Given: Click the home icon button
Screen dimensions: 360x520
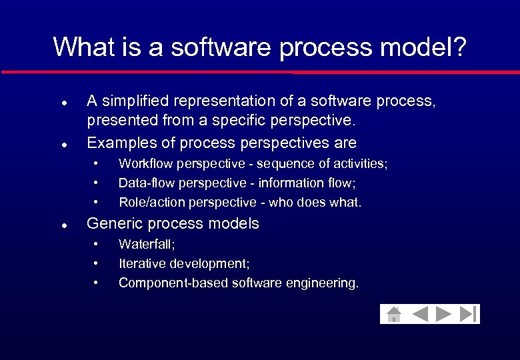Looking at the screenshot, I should tap(394, 314).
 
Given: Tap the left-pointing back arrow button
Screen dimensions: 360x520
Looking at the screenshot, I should tap(419, 314).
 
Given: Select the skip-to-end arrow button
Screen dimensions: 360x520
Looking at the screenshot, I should tap(469, 314).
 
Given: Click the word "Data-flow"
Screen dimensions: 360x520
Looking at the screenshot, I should tap(143, 183).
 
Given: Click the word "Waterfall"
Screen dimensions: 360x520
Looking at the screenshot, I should tap(144, 245).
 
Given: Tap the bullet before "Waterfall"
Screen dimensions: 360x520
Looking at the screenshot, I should tap(97, 245).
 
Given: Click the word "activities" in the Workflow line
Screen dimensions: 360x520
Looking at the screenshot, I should tap(359, 164).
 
